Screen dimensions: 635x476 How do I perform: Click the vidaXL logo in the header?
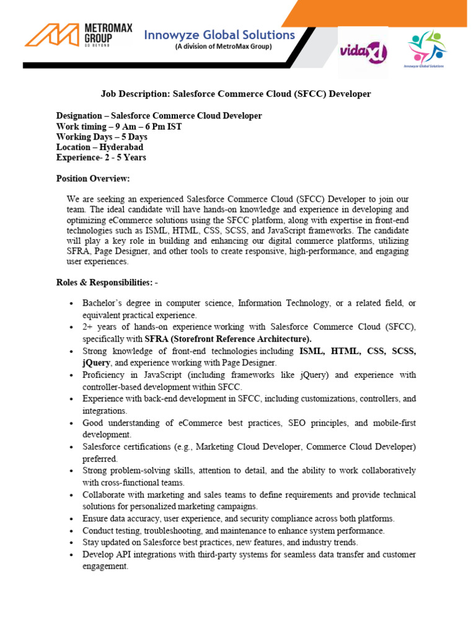point(363,53)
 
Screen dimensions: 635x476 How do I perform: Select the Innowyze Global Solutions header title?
point(219,35)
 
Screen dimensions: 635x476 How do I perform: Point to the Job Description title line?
point(236,94)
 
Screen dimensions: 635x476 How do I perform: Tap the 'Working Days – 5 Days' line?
point(102,136)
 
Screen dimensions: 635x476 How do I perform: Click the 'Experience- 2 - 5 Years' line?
point(101,158)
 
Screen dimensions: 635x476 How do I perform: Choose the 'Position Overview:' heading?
point(93,179)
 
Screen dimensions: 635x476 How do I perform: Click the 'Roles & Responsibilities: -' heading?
point(107,282)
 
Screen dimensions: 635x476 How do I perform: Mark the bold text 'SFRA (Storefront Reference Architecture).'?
point(228,339)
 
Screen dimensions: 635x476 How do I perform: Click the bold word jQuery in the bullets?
point(97,362)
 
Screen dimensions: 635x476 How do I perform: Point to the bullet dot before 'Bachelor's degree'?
point(72,303)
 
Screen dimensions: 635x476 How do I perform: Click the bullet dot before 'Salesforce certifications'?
point(72,446)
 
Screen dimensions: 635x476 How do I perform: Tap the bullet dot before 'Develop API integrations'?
point(72,554)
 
